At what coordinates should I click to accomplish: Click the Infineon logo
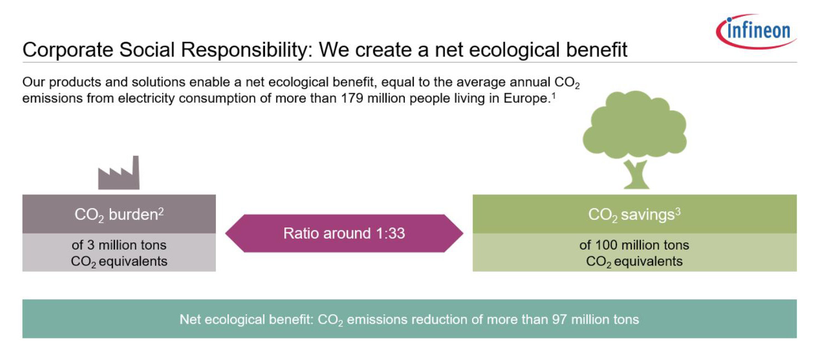756,31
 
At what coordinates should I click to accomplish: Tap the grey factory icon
119,173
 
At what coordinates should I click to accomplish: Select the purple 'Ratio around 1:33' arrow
344,233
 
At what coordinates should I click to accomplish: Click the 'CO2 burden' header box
119,214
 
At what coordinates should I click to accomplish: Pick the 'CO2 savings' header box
634,214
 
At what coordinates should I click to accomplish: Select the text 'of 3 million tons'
119,245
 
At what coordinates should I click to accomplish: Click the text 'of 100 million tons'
634,245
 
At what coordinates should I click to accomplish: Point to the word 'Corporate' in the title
68,50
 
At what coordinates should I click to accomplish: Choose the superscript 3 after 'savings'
678,211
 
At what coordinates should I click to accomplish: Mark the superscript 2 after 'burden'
161,211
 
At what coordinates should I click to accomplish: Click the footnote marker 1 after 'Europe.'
553,96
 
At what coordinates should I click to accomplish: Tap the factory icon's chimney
136,172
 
